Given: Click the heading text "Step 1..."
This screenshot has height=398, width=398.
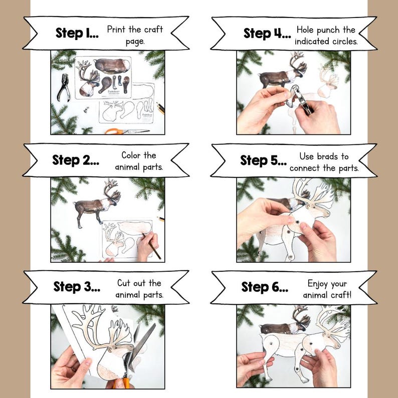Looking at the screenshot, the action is tap(77, 33).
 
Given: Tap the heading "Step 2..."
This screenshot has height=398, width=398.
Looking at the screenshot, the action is tap(76, 160).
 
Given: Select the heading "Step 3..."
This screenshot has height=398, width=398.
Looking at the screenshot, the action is tap(77, 287).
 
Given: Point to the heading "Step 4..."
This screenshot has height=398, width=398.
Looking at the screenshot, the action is tap(267, 33).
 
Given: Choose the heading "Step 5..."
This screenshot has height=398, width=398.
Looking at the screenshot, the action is tap(264, 160).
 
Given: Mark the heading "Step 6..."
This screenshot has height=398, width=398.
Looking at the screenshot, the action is tap(265, 287).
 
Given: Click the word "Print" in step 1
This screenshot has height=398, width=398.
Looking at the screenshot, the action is tap(116, 30).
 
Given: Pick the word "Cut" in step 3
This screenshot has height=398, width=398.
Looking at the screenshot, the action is tap(124, 283).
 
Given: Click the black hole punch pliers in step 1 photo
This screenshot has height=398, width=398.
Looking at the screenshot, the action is tap(64, 87).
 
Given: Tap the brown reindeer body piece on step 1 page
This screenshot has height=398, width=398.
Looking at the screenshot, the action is tap(112, 66).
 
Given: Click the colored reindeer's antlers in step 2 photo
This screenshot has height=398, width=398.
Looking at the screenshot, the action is tap(112, 189).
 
